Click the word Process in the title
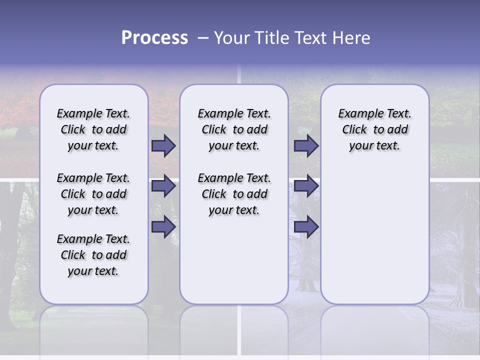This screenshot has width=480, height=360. pos(154,38)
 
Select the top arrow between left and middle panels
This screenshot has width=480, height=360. pos(163,145)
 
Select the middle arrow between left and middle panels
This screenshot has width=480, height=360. pos(163,186)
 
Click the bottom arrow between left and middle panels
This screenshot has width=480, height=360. pos(163,226)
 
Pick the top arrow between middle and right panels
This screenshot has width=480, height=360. pos(306,145)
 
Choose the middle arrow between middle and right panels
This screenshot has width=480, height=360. pos(306,186)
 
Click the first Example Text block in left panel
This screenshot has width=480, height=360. pos(93,129)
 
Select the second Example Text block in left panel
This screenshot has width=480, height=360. pos(93,194)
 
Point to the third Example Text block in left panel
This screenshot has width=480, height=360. pos(93,255)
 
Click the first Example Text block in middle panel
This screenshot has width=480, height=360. pos(234,129)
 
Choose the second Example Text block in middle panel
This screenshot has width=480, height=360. pos(234,194)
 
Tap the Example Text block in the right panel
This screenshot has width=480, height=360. pos(375,129)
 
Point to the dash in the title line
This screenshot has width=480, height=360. pos(203,38)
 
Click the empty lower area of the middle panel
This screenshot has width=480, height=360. pos(234,260)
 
